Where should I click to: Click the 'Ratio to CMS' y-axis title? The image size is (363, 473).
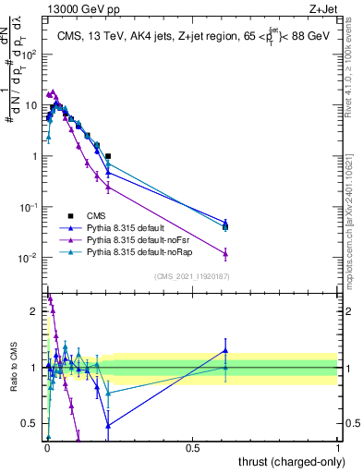12,368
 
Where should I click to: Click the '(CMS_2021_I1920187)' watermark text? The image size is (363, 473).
191,277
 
